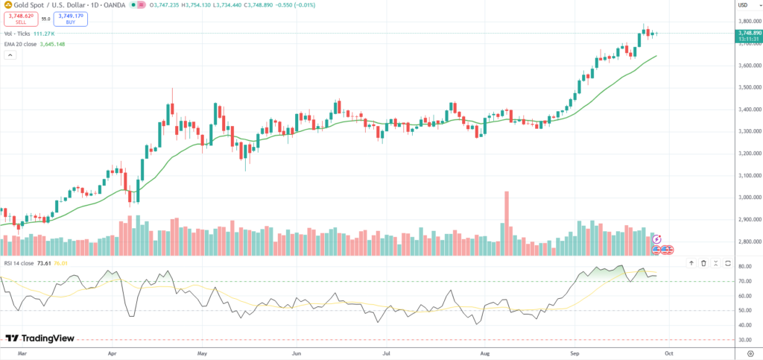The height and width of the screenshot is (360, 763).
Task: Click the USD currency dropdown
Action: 744,5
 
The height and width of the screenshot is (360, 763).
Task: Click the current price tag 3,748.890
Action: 743,33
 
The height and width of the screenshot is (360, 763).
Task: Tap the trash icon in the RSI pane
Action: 703,263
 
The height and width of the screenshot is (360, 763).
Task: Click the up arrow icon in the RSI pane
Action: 691,263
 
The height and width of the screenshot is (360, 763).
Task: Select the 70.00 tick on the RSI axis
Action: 743,281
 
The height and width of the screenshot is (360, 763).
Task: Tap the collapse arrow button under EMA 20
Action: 10,56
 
